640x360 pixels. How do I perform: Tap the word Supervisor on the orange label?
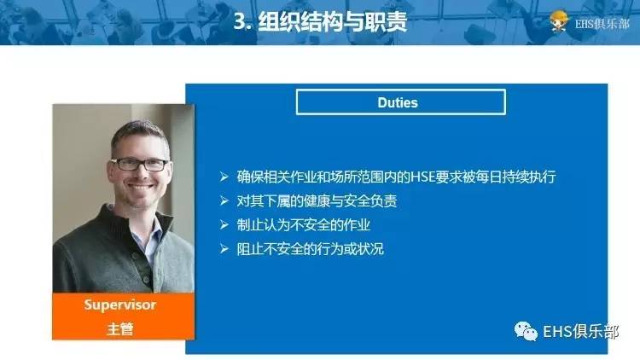point(119,305)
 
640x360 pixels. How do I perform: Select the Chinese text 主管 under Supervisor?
point(119,328)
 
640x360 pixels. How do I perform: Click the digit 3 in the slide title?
point(239,23)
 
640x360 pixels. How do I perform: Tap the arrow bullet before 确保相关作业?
point(224,177)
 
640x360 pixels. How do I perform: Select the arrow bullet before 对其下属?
point(224,202)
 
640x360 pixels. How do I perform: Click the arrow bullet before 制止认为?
point(224,226)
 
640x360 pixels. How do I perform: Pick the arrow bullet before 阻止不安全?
point(224,250)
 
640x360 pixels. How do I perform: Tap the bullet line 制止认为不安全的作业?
point(305,226)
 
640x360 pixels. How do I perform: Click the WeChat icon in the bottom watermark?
point(524,328)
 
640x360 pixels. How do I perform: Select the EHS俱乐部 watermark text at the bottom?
point(579,329)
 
